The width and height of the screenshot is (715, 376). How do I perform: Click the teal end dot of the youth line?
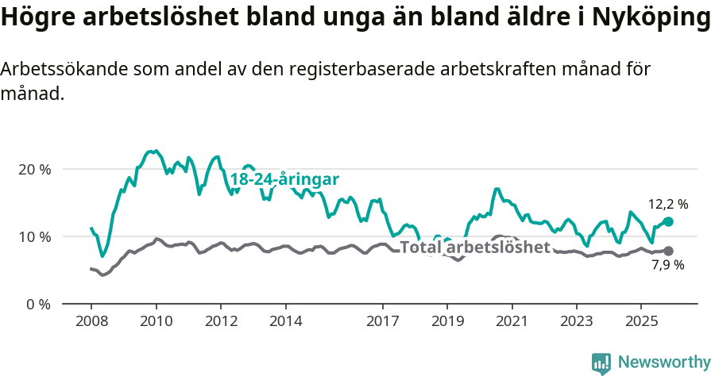(x=668, y=222)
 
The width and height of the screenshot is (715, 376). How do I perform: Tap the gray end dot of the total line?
(x=668, y=251)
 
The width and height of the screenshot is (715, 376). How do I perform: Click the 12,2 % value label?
(x=668, y=204)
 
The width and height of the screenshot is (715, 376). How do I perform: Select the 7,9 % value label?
(x=668, y=265)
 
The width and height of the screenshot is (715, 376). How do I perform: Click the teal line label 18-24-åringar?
(x=284, y=178)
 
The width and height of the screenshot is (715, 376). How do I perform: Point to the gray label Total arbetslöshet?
(x=475, y=247)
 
